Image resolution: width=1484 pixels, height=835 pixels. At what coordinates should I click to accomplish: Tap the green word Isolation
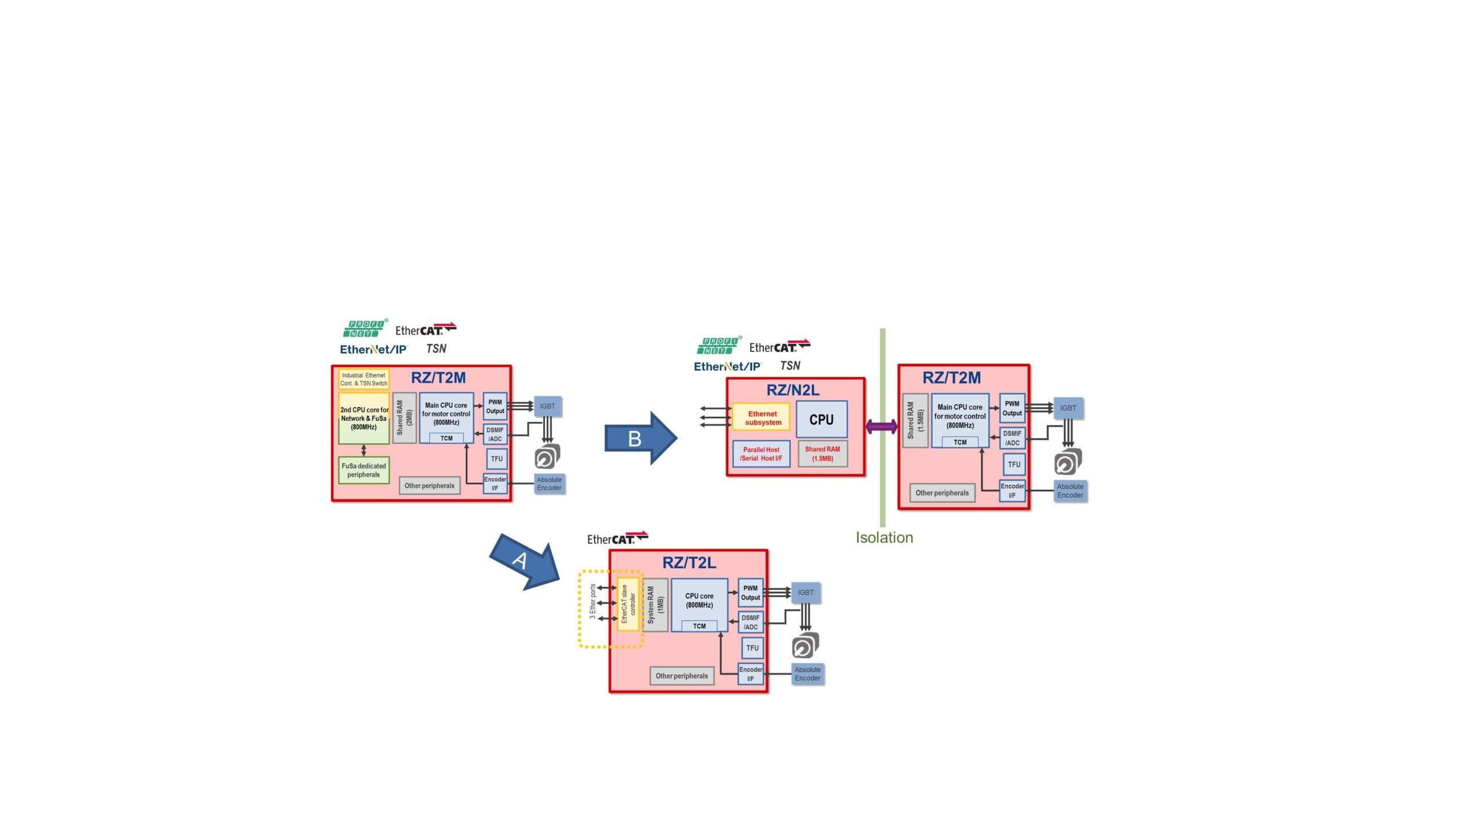pyautogui.click(x=884, y=538)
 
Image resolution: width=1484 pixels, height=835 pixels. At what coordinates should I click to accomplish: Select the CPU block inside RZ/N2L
pyautogui.click(x=821, y=419)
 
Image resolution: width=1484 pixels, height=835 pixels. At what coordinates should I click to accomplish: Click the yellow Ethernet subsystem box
pyautogui.click(x=762, y=418)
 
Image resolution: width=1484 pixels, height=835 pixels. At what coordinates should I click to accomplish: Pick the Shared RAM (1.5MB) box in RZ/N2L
pyautogui.click(x=822, y=453)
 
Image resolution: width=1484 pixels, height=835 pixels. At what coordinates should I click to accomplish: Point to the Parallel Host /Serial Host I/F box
pyautogui.click(x=761, y=453)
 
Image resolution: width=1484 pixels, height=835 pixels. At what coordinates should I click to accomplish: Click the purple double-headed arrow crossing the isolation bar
pyautogui.click(x=881, y=427)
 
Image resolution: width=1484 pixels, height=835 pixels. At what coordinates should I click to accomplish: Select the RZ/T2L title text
pyautogui.click(x=689, y=562)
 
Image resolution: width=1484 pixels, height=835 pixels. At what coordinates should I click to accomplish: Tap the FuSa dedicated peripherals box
pyautogui.click(x=363, y=470)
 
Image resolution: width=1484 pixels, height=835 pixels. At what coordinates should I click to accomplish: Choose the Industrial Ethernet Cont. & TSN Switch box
pyautogui.click(x=363, y=379)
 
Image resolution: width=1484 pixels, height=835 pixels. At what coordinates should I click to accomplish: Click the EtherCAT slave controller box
pyautogui.click(x=628, y=604)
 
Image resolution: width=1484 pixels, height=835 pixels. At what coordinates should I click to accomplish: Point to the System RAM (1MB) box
pyautogui.click(x=655, y=605)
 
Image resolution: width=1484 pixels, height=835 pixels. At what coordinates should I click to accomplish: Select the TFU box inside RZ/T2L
pyautogui.click(x=752, y=648)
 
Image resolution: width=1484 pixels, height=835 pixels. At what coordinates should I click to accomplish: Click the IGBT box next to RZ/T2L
pyautogui.click(x=805, y=593)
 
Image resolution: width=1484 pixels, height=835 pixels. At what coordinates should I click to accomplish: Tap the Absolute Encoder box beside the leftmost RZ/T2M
pyautogui.click(x=549, y=484)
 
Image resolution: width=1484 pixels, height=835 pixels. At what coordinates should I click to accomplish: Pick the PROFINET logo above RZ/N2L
pyautogui.click(x=718, y=346)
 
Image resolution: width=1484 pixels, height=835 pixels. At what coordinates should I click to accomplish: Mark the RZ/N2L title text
pyautogui.click(x=792, y=390)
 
